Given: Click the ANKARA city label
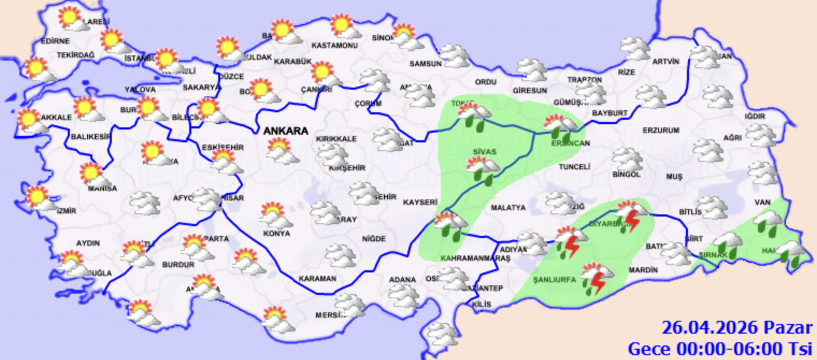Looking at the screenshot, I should pos(285,131).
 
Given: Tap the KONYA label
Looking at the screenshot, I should pos(277,234).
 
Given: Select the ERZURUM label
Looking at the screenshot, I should pos(661,131).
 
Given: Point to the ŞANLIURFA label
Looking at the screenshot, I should pos(554,280).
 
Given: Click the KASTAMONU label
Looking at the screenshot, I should pos(334,45).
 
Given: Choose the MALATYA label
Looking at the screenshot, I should pos(507,207).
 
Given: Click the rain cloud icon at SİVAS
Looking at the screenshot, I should pos(483,171).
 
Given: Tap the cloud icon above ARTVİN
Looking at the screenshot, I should pos(635,48).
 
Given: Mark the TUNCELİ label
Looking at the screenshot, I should pos(574,167).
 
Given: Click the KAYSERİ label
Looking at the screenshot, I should pos(420,203).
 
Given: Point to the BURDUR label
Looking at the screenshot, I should pos(178,265).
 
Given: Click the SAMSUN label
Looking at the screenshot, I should pos(425,63).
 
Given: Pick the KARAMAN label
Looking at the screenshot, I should pos(318,279).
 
